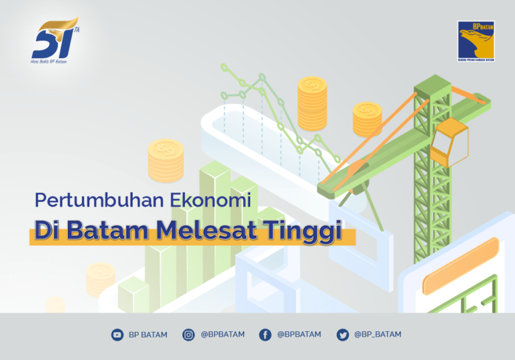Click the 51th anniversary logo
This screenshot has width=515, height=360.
(56, 41)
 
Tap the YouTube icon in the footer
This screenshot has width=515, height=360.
(117, 335)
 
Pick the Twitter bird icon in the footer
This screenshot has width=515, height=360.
(343, 335)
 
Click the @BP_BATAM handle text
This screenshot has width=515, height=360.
(378, 335)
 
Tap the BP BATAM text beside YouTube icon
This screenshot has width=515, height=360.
(148, 335)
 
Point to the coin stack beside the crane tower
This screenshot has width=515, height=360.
(367, 119)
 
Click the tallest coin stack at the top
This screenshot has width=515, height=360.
(312, 103)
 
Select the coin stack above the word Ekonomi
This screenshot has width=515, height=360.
(166, 161)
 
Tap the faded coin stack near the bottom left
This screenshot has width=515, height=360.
(101, 278)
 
